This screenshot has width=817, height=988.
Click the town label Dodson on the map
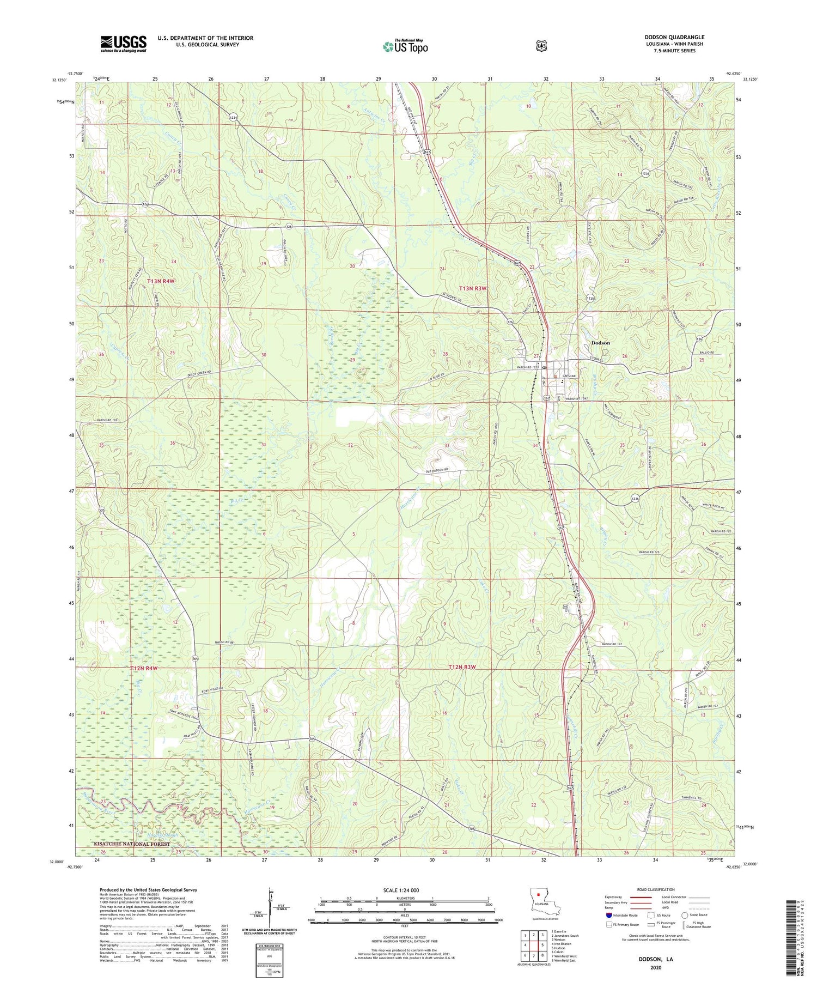tap(601, 343)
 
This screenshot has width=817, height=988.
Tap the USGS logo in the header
tap(123, 44)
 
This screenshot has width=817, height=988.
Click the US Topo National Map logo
tap(405, 46)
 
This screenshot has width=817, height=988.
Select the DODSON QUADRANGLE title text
tap(674, 38)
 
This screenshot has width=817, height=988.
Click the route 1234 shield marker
tap(233, 117)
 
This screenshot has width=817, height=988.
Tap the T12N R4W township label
tap(144, 668)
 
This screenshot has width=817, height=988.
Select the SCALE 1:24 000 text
tap(405, 890)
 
